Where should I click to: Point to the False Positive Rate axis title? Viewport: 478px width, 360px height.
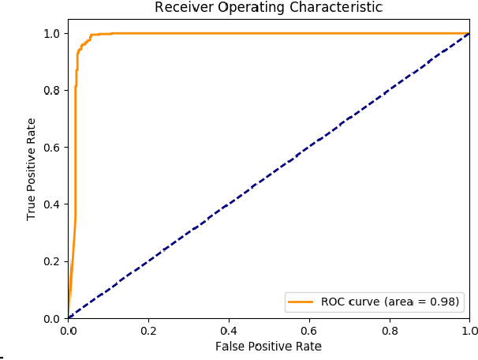click(x=268, y=346)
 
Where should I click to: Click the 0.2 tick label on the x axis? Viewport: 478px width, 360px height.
click(x=148, y=331)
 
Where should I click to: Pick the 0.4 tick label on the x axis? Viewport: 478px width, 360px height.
click(x=229, y=331)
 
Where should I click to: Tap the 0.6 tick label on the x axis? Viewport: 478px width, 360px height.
click(x=309, y=331)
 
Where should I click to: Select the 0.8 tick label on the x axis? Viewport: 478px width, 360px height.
click(x=390, y=331)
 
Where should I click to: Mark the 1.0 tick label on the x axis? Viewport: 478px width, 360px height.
click(x=469, y=331)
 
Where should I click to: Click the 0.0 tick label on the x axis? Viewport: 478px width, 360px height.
click(x=68, y=331)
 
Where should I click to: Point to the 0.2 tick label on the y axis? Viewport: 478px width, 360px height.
click(x=53, y=261)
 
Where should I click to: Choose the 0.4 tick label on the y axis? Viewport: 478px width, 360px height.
click(x=53, y=204)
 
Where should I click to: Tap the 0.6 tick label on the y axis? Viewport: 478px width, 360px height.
click(x=53, y=148)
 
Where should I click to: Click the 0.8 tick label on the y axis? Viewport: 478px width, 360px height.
click(x=53, y=90)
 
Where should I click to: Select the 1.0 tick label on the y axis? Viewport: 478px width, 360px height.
click(x=53, y=33)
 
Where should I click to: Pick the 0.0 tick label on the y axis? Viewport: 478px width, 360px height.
click(x=53, y=318)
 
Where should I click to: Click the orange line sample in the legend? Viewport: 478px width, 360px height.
click(x=301, y=302)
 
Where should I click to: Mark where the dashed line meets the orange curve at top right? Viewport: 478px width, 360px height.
click(x=469, y=33)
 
